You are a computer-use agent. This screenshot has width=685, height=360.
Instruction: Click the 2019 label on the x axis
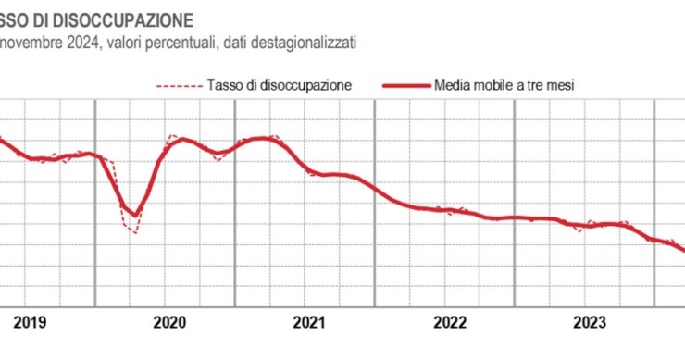coord(31,322)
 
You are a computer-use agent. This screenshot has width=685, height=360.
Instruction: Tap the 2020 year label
coord(169,322)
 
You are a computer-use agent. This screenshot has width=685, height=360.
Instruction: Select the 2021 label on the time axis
coord(309,322)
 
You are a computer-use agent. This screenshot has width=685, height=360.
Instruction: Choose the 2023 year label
coord(590,322)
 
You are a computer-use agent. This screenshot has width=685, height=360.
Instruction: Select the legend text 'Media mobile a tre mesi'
coord(504,85)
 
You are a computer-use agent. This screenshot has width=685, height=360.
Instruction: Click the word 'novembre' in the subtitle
coord(28,43)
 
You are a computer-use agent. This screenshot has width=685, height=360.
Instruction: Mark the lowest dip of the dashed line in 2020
coord(135,232)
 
